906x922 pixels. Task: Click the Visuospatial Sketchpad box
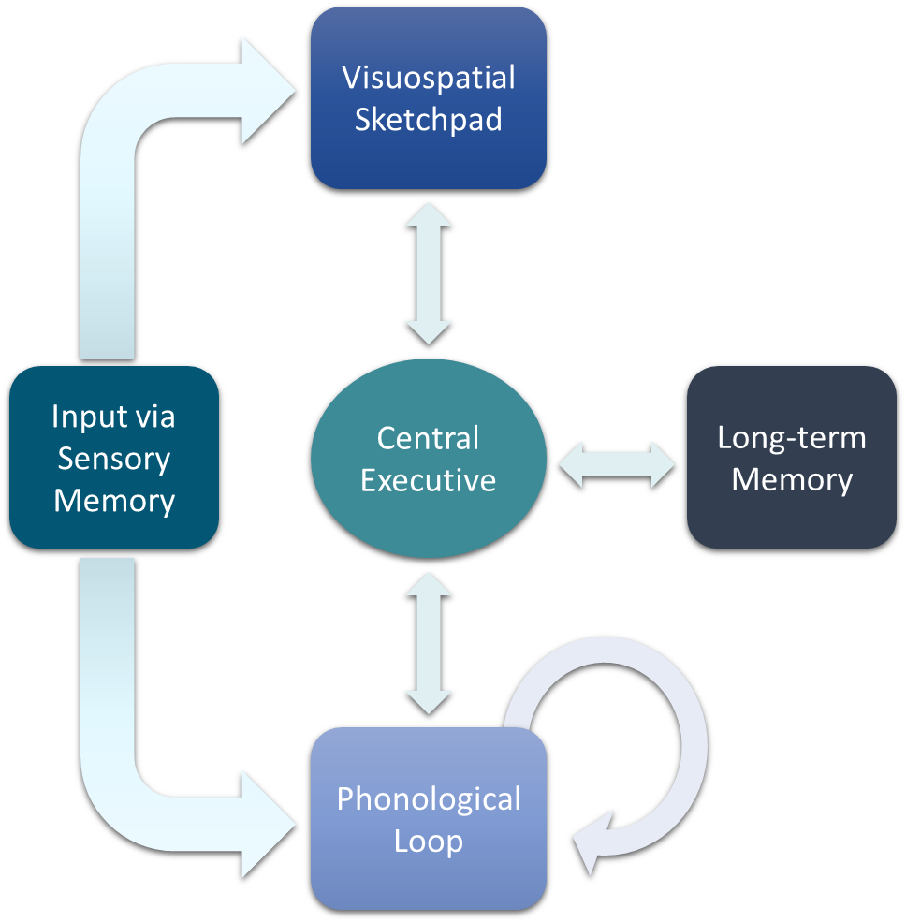click(x=428, y=97)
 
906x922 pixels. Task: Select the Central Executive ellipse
click(x=428, y=459)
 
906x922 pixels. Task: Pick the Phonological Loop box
click(x=428, y=819)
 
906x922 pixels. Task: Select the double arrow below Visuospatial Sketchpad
click(x=428, y=272)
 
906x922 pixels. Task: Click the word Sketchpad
click(x=428, y=119)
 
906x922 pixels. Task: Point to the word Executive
click(x=428, y=480)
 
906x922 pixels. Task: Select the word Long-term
click(x=792, y=438)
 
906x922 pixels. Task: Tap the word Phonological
click(x=428, y=798)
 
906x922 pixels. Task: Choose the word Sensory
click(x=114, y=459)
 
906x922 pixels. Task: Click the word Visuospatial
click(x=428, y=77)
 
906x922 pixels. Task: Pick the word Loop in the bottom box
click(x=428, y=841)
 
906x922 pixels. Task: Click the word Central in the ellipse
click(x=428, y=438)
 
